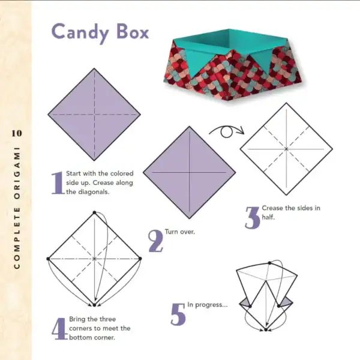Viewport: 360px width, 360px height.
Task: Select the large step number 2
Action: pos(155,240)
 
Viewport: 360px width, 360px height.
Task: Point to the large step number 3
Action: pos(252,217)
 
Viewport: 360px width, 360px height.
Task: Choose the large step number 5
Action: pos(178,314)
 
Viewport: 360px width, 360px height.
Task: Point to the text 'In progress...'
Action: pos(208,305)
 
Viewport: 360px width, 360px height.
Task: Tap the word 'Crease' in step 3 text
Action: pos(273,208)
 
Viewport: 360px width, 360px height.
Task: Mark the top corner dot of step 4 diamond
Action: pos(94,212)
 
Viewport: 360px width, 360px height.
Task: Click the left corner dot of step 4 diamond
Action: pos(48,259)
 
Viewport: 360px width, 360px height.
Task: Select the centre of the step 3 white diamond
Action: pos(286,148)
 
